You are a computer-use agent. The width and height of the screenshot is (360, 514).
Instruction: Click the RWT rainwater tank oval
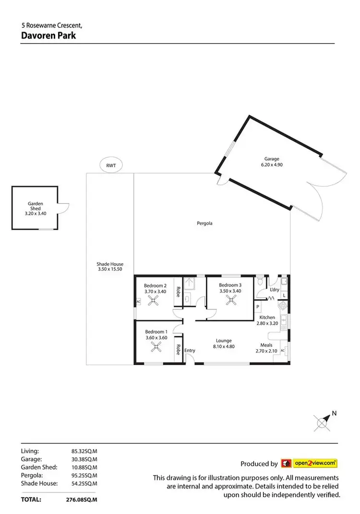point(111,166)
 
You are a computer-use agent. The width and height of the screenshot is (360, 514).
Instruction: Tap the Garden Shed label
point(35,207)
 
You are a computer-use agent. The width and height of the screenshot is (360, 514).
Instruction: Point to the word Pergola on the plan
point(204,223)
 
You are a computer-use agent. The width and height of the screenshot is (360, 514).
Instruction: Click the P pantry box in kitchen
point(258,306)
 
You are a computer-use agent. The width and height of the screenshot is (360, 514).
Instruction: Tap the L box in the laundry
point(284,295)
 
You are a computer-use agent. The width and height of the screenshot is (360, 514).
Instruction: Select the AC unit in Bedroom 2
point(138,302)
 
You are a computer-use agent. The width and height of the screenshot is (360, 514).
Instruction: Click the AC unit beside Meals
point(282,351)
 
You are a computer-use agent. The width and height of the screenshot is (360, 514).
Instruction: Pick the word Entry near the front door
point(190,351)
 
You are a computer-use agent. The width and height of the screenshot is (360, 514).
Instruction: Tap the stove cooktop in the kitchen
point(284,306)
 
